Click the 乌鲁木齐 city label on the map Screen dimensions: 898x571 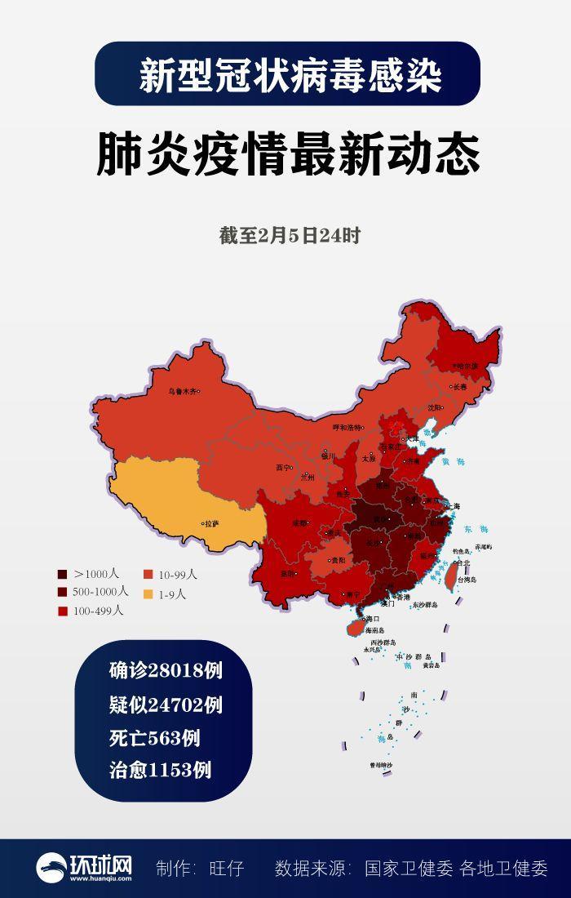(182, 391)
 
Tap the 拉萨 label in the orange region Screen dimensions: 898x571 (211, 523)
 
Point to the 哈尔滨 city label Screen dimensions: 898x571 (467, 366)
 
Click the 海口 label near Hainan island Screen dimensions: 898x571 (374, 619)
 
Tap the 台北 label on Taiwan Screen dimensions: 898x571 (463, 562)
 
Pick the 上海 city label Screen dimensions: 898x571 (454, 506)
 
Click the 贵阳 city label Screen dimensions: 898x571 (341, 561)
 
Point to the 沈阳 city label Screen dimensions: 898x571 (435, 407)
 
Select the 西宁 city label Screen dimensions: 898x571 (283, 468)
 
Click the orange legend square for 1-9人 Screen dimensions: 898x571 (148, 593)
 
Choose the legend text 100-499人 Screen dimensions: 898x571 (98, 610)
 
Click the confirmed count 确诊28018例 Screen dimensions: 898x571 (166, 671)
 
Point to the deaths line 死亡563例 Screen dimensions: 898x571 (154, 737)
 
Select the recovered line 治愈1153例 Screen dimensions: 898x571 (160, 770)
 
